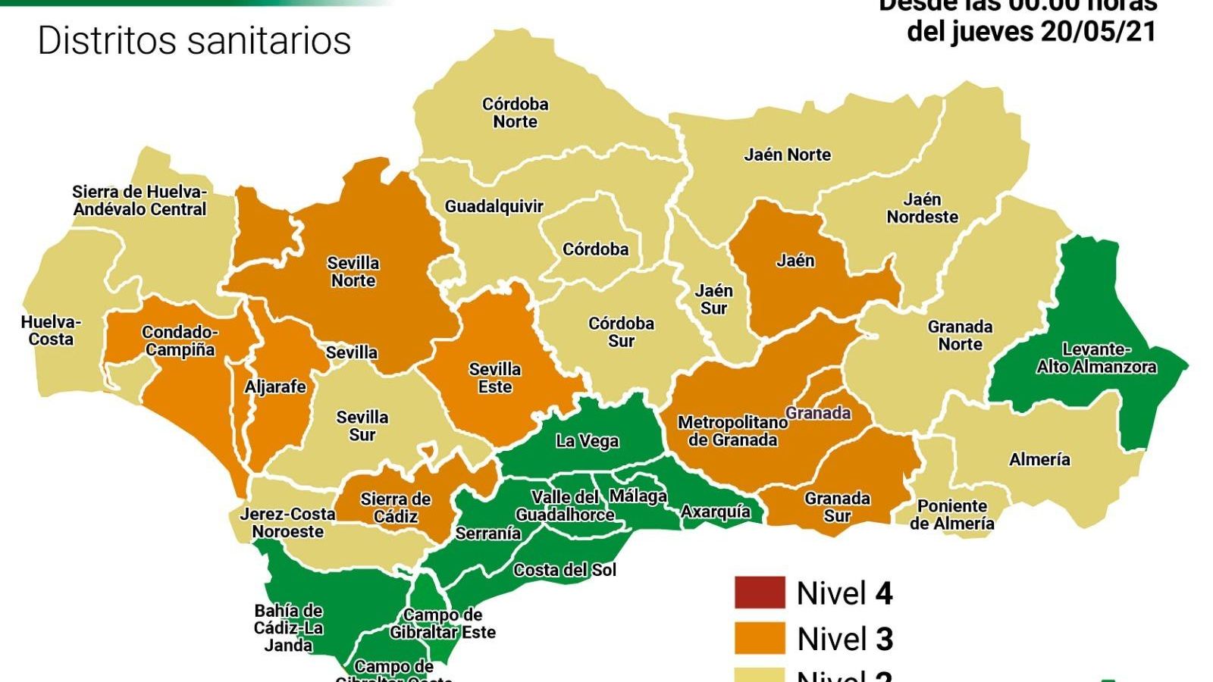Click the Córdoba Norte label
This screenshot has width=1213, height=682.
coord(515,113)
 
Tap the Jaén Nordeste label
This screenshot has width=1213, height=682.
coord(922,208)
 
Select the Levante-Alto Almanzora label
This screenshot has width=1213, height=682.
coord(1095,358)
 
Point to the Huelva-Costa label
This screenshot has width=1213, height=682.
coord(51,330)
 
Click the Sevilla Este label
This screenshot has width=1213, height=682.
coord(494,378)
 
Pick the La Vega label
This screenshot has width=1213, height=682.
coord(587,441)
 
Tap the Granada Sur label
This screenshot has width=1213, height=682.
coord(837,507)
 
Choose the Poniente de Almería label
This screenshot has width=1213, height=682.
coord(951,515)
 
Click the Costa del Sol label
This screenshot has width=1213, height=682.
coord(565,570)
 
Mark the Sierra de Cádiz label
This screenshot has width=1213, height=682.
coord(395,508)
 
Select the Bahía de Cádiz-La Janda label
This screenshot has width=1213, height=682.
coord(288,627)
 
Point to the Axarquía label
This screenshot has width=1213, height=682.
coord(715,512)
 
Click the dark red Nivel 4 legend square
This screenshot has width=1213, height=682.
coord(759,593)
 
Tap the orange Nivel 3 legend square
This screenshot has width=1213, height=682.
coord(759,639)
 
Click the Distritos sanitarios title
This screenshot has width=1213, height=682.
coord(194,40)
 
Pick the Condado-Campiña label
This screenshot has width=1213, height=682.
coord(180,341)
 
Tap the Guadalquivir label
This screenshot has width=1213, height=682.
coord(494,206)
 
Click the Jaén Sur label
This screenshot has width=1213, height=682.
coord(713,299)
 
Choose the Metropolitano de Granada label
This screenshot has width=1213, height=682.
coord(732,431)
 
